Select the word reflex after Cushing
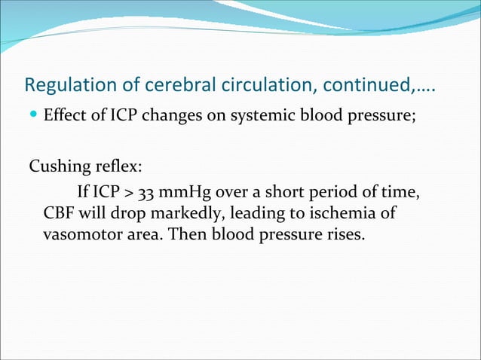point(116,166)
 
